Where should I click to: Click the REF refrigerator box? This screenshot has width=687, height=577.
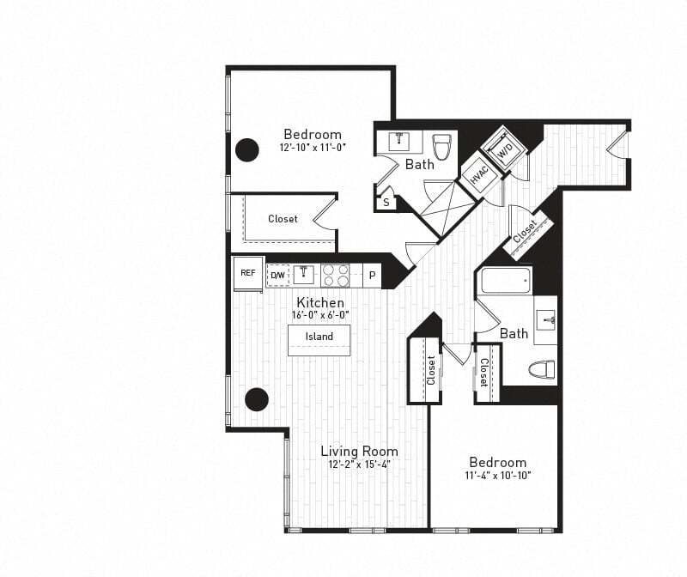click(247, 273)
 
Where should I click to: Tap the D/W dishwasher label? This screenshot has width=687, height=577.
click(277, 275)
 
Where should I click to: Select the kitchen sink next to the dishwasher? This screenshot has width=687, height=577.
click(303, 275)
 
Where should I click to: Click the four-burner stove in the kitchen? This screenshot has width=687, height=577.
click(335, 275)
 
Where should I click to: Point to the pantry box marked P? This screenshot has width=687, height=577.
click(372, 275)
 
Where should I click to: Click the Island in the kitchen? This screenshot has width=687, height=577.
click(319, 337)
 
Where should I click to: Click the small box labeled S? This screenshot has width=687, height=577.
click(386, 202)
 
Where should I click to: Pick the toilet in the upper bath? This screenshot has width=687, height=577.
click(442, 147)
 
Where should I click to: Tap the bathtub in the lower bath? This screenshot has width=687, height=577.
click(506, 281)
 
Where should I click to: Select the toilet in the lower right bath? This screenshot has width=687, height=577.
click(541, 370)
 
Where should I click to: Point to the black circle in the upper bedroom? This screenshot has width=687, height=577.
click(247, 150)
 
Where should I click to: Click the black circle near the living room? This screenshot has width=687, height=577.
click(257, 399)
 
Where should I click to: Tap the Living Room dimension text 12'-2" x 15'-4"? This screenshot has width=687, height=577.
click(360, 465)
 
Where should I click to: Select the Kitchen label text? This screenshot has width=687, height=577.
click(320, 302)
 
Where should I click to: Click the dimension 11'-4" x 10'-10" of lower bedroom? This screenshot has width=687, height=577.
click(497, 475)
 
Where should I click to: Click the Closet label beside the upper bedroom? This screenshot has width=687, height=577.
click(283, 219)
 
